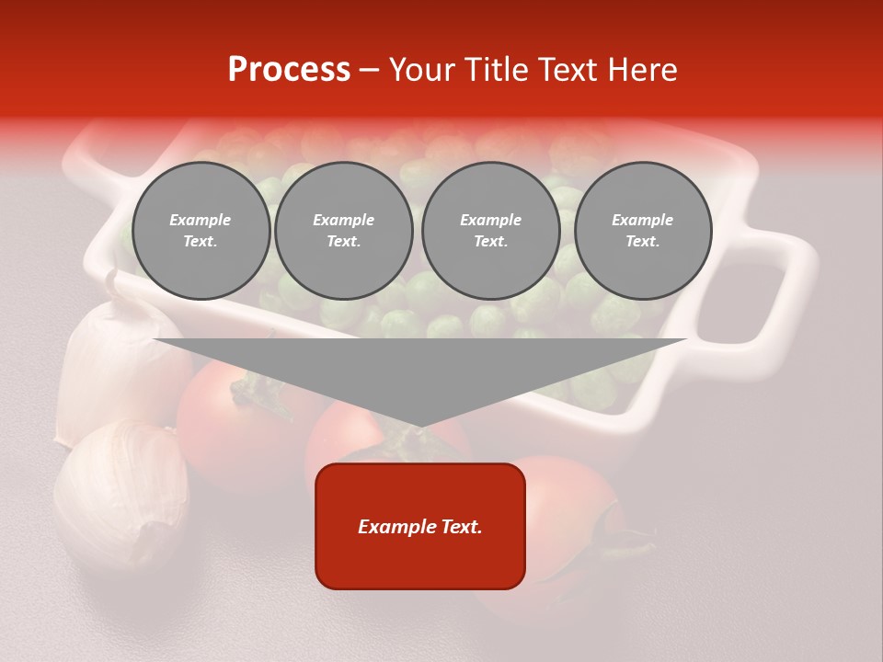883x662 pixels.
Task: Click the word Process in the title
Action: (289, 70)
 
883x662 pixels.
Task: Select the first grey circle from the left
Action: (201, 231)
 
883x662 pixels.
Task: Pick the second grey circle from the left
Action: (344, 231)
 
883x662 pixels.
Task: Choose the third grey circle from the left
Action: (491, 231)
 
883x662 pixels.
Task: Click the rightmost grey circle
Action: (643, 231)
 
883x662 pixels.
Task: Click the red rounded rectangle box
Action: (420, 561)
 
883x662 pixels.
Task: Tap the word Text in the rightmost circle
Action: (643, 242)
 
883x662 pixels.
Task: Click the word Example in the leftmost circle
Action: (201, 220)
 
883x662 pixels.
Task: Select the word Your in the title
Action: (424, 70)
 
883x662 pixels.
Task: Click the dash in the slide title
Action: (370, 70)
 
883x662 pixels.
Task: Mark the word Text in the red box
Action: (460, 527)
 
